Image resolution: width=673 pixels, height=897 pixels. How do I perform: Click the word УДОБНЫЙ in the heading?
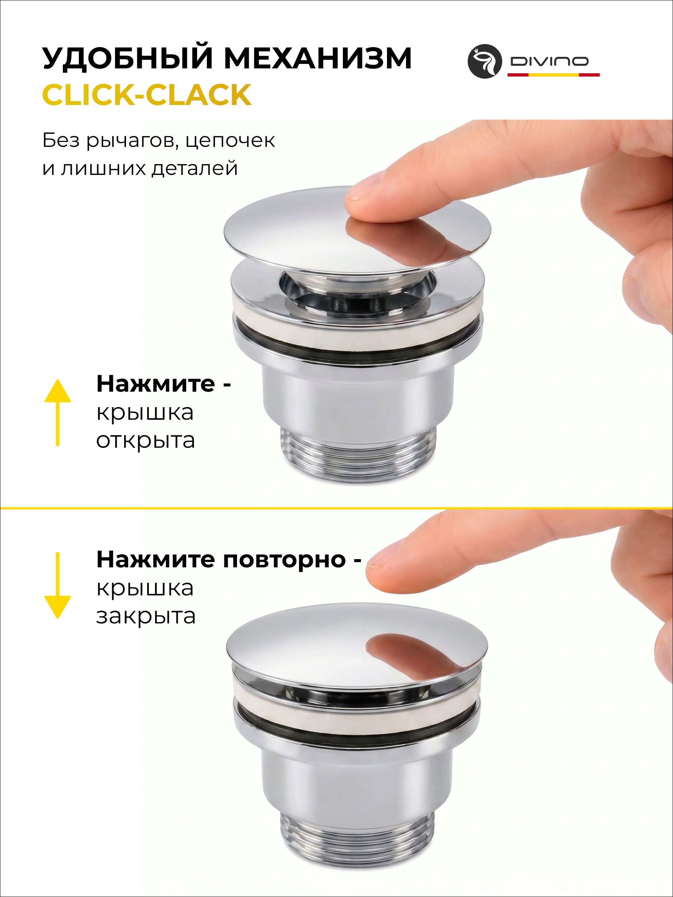[128, 58]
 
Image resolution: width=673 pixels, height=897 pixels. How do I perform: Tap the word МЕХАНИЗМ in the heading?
[318, 58]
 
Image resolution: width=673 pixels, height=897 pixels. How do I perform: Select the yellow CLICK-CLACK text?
[147, 95]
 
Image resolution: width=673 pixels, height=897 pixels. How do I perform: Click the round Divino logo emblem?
[485, 61]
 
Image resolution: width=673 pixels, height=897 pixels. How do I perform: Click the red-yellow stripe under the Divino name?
[553, 75]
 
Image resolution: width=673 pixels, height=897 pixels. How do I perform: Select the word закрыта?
[146, 616]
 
